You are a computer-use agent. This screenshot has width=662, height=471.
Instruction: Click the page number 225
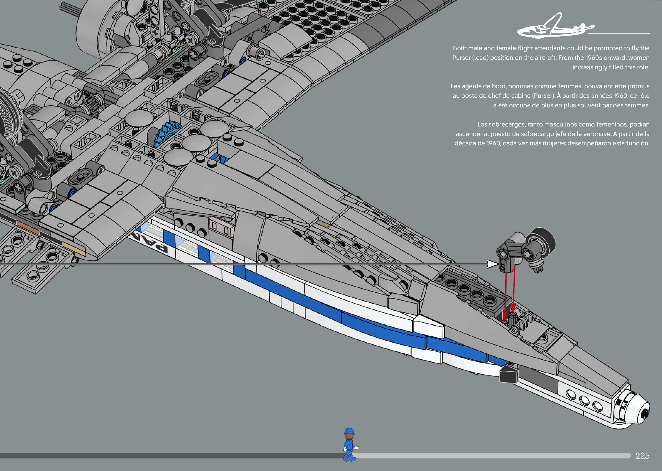click(642, 456)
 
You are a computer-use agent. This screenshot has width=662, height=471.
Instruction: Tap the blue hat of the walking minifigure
click(349, 431)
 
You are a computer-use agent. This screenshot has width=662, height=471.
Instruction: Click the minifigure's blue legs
click(349, 454)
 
